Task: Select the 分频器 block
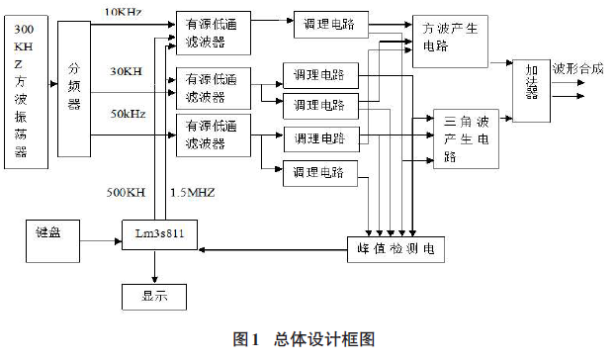[x=73, y=90]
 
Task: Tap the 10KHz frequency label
[x=123, y=11]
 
